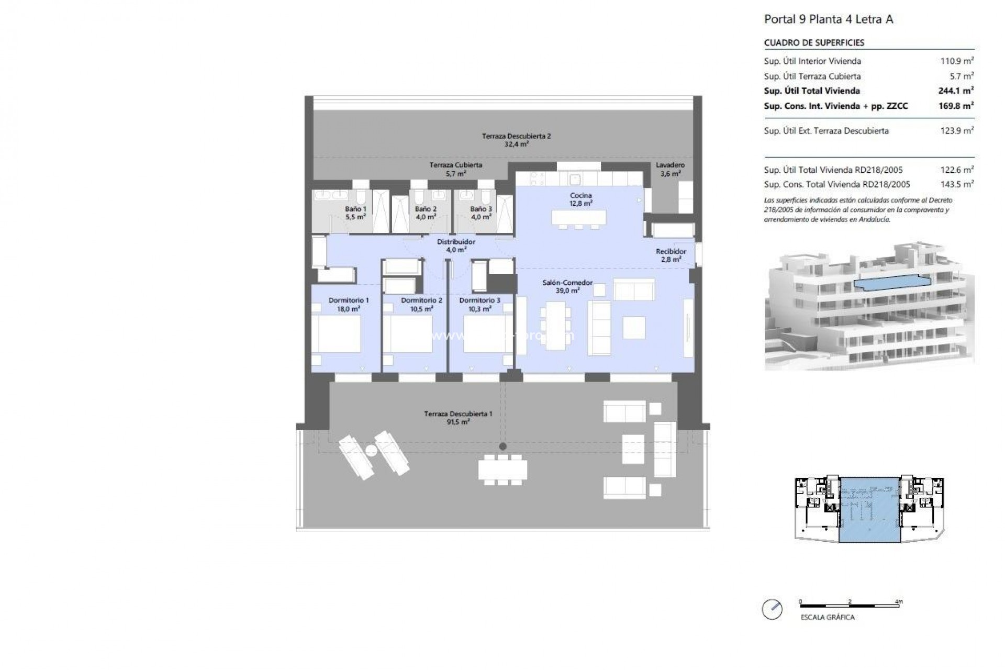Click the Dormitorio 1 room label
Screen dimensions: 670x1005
point(349,304)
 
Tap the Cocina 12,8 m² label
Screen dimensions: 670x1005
point(581,199)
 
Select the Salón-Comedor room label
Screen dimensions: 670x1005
point(567,286)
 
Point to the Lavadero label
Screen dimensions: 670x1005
point(670,169)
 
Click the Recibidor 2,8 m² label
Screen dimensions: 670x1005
point(671,255)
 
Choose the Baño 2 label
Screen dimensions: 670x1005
point(426,213)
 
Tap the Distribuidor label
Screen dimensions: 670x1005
point(456,245)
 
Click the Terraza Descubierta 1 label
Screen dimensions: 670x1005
point(458,417)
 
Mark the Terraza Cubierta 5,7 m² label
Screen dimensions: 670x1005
point(455,169)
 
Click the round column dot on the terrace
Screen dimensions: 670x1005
point(502,446)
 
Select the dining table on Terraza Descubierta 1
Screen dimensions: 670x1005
point(502,470)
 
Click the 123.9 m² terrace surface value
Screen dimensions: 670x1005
point(956,130)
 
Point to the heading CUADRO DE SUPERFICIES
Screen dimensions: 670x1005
point(814,43)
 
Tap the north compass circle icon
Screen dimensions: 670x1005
point(772,610)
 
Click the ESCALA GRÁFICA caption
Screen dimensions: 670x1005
point(827,617)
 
